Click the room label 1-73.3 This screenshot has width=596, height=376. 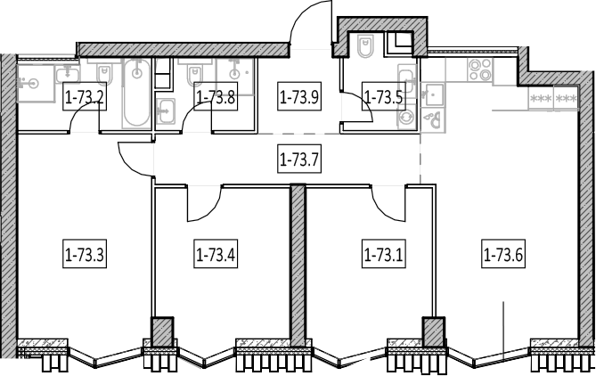coord(85,254)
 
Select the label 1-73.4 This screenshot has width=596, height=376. coord(216,254)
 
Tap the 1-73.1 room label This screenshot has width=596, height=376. coord(383,254)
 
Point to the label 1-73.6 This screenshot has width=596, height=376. coord(503,254)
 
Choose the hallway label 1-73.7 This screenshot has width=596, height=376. coord(299,159)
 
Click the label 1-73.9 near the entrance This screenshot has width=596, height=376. coord(299,96)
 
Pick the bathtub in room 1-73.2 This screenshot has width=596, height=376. coord(137,94)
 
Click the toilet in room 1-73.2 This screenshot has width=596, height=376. coord(104,73)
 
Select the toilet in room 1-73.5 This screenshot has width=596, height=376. coord(366,46)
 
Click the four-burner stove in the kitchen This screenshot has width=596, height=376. coord(480,70)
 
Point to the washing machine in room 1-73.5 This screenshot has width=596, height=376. coord(407,117)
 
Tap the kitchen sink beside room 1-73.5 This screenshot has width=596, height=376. coord(433,94)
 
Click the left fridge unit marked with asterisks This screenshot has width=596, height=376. coord(541,99)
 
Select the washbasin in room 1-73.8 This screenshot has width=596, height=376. coord(166,111)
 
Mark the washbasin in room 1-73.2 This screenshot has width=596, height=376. coord(68,74)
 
